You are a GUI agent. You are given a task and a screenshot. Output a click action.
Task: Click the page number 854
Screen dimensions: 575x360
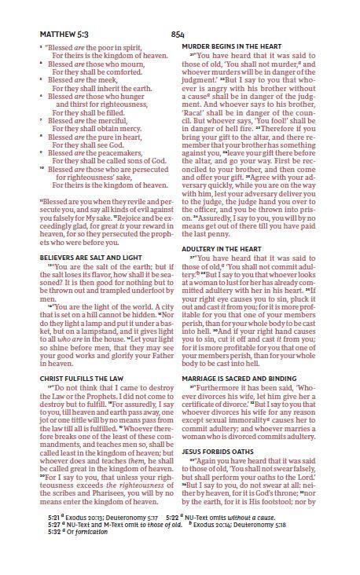tap(178, 35)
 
